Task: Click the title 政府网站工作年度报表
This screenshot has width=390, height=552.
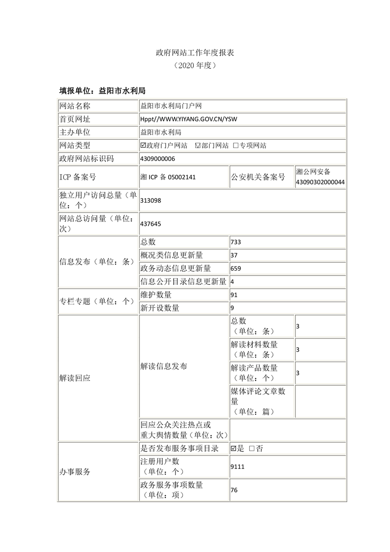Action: click(195, 52)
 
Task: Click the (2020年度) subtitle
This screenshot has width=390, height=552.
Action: click(195, 65)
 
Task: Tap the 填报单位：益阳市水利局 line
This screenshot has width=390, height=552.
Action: click(102, 91)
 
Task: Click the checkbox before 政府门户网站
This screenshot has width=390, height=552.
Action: click(143, 146)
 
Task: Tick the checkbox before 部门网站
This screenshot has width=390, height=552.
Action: click(198, 146)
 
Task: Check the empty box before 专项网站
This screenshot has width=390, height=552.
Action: click(236, 146)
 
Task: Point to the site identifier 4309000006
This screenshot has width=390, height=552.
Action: click(157, 158)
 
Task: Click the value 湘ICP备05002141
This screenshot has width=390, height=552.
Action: click(168, 177)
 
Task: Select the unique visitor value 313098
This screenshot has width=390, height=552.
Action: click(150, 201)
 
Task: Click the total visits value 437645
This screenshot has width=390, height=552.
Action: click(150, 224)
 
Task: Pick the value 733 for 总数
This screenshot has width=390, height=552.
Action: click(236, 242)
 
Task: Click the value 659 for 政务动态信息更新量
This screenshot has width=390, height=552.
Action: click(236, 269)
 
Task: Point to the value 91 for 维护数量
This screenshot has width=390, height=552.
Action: click(234, 295)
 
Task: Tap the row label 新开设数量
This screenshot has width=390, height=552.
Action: click(160, 308)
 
